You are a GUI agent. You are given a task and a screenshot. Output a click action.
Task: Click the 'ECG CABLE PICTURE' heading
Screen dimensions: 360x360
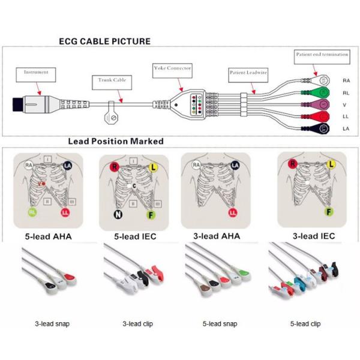(104, 41)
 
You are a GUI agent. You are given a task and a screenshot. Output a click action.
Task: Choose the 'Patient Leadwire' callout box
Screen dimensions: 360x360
(248, 73)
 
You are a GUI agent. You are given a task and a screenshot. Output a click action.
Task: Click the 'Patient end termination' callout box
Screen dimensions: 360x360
(322, 55)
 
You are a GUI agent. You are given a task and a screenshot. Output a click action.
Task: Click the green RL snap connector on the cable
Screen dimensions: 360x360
(320, 92)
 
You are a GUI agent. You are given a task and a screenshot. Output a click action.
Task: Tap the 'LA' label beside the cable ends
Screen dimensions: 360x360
(346, 129)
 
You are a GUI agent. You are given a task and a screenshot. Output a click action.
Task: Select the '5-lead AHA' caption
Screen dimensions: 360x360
(51, 236)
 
